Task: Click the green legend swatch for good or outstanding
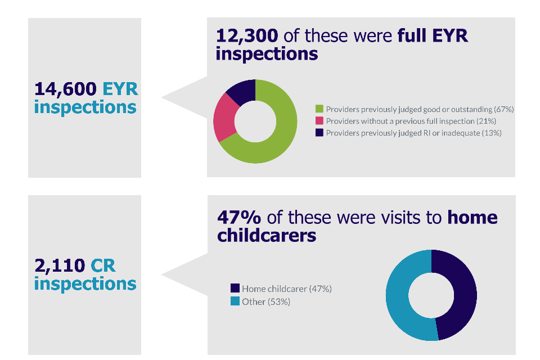coord(319,109)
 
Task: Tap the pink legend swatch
coord(319,121)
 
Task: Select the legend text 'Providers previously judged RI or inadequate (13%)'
coord(413,133)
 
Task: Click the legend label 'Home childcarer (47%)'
coord(287,289)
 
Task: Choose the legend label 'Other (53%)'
coord(266,301)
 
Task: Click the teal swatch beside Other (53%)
coord(235,301)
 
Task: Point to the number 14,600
coord(65,89)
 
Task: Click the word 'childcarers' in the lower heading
coord(267,235)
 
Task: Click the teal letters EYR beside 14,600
coord(120,89)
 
